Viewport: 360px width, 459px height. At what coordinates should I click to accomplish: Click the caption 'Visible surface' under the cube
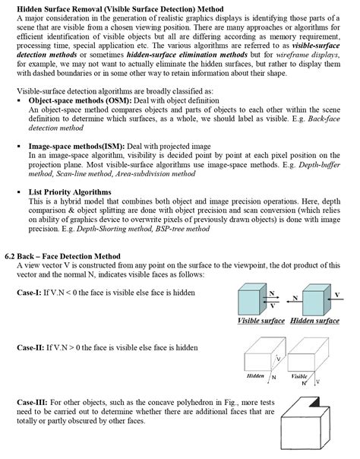point(261,321)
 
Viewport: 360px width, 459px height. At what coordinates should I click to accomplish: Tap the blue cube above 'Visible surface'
point(251,298)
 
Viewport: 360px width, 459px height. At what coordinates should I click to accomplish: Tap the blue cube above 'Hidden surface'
point(313,298)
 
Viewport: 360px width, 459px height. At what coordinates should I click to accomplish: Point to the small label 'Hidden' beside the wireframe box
point(256,375)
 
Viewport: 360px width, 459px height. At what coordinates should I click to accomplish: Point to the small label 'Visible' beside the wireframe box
point(299,375)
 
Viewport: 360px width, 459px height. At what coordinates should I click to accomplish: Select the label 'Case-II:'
point(33,347)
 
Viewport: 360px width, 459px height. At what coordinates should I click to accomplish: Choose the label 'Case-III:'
point(35,400)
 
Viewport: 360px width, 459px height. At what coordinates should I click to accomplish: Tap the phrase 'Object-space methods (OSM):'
point(80,100)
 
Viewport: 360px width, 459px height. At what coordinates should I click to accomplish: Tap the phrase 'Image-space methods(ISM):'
point(77,145)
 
